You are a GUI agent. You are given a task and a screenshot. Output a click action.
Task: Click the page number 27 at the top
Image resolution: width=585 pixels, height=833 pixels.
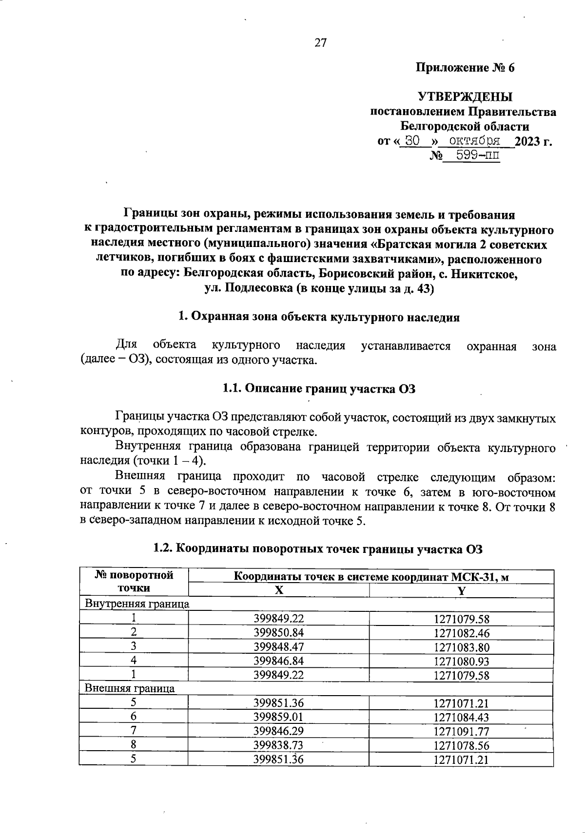point(320,43)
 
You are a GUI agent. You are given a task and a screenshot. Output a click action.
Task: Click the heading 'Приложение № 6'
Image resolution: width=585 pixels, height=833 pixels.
point(465,68)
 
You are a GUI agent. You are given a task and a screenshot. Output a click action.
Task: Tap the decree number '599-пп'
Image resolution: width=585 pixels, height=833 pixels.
point(470,155)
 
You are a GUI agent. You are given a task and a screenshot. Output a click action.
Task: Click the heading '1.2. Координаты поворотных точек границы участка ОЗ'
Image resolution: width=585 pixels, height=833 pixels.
point(317,549)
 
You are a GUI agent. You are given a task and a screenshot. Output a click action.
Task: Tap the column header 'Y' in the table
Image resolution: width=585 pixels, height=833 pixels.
point(461,590)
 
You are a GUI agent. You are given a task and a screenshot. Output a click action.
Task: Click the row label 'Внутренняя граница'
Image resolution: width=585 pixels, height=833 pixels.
point(137,604)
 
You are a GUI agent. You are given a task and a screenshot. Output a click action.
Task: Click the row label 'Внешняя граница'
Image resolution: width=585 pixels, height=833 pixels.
point(130,688)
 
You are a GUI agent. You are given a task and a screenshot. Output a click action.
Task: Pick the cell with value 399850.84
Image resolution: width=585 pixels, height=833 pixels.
point(278,633)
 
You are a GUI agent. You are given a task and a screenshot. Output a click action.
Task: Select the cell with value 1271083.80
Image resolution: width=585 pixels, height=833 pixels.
point(461,647)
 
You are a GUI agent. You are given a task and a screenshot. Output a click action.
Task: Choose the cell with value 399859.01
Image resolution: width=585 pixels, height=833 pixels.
point(278,717)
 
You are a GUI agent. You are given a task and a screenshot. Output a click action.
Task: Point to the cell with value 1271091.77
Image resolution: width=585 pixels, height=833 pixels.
point(461,731)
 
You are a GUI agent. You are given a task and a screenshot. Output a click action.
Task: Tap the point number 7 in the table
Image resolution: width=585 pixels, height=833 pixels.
point(133,731)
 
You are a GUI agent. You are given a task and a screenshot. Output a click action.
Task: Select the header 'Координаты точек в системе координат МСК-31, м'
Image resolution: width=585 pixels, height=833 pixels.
point(371,577)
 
